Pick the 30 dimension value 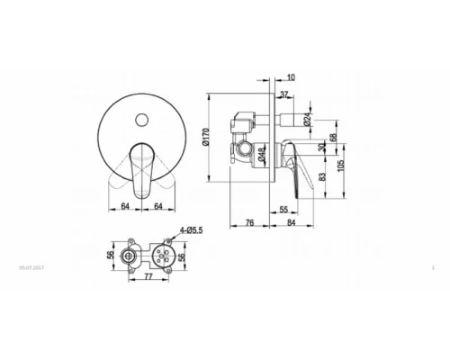(x=321, y=146)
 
